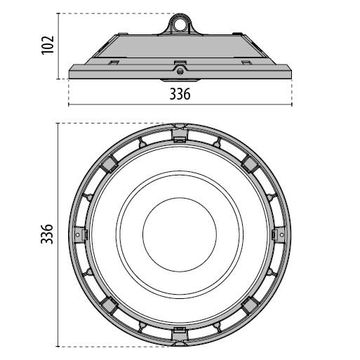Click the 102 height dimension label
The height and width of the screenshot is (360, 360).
coord(48,46)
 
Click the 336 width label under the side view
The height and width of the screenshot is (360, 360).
coord(180,94)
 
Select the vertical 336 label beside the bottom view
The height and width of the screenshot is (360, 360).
coord(47,234)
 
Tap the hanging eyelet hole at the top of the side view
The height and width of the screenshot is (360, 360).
coord(180,25)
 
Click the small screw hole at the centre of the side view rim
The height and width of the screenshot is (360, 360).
coord(180,71)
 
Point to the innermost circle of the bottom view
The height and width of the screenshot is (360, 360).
coord(180,198)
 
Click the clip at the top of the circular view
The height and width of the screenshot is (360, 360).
coord(180,133)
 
